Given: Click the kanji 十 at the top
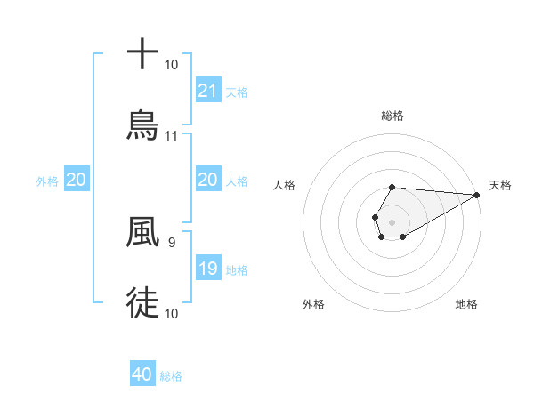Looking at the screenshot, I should [x=142, y=54].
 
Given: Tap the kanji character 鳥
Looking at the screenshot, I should [x=142, y=125].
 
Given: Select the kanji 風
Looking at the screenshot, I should [x=142, y=232].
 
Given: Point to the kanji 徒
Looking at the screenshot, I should [x=142, y=301].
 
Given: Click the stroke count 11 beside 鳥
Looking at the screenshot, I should [x=172, y=136].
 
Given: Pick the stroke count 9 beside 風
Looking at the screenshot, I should [x=171, y=242].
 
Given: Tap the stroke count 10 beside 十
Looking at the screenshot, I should [x=172, y=65].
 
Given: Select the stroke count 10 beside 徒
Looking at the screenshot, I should [x=172, y=313].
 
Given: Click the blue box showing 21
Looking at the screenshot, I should [x=208, y=91].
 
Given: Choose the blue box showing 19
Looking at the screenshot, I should [x=208, y=269].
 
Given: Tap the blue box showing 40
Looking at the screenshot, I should [x=142, y=375].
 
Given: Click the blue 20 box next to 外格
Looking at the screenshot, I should [x=77, y=181].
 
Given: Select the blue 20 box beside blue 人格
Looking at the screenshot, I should [x=208, y=181].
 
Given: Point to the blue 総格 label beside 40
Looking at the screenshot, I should [x=172, y=376].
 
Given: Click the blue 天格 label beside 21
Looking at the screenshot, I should [x=237, y=92].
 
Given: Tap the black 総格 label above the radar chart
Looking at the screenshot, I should [x=392, y=116].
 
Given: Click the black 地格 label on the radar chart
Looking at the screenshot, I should [x=466, y=304].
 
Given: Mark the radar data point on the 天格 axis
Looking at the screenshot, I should [x=477, y=195].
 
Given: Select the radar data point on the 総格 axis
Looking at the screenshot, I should [x=392, y=187].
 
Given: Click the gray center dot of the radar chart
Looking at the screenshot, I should [x=392, y=221].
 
